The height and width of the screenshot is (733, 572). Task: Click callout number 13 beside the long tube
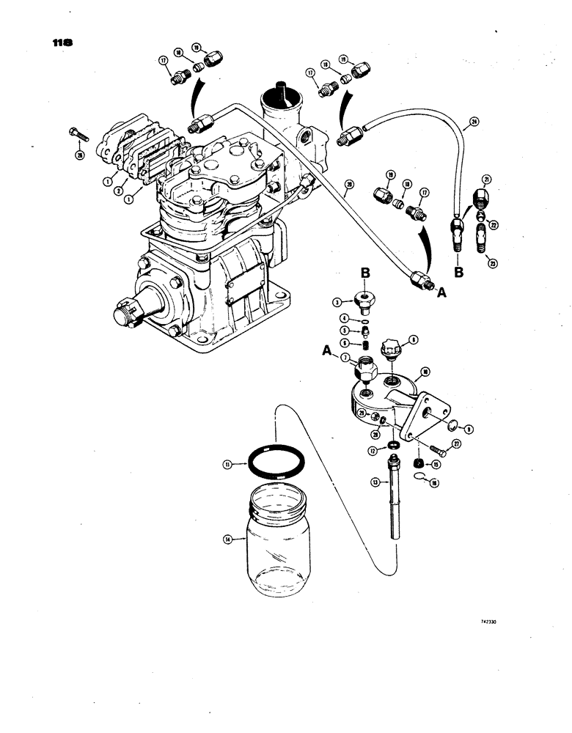tap(373, 482)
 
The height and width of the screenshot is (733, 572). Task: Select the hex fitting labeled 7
tap(364, 364)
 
